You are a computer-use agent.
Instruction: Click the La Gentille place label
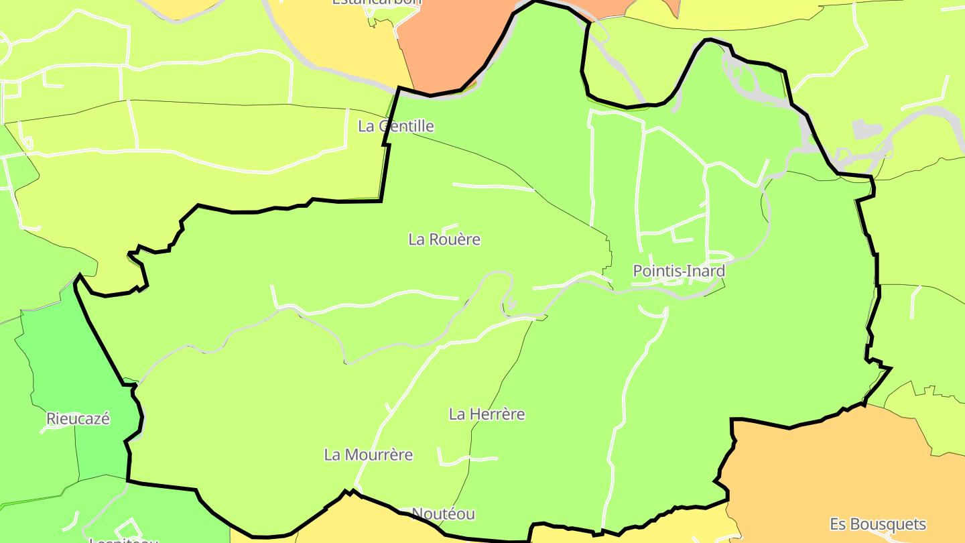[396, 126]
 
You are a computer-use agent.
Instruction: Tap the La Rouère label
[444, 239]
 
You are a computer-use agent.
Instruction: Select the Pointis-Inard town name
[679, 271]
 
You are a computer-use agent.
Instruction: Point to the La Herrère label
[487, 414]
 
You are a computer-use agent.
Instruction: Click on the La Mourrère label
[368, 455]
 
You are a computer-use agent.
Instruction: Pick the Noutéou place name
[443, 514]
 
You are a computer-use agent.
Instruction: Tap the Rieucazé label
[78, 419]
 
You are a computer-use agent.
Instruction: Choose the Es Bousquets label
[877, 524]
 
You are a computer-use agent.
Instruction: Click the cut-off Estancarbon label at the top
[377, 2]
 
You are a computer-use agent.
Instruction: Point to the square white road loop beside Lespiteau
[129, 528]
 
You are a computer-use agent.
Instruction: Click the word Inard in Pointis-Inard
[706, 271]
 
